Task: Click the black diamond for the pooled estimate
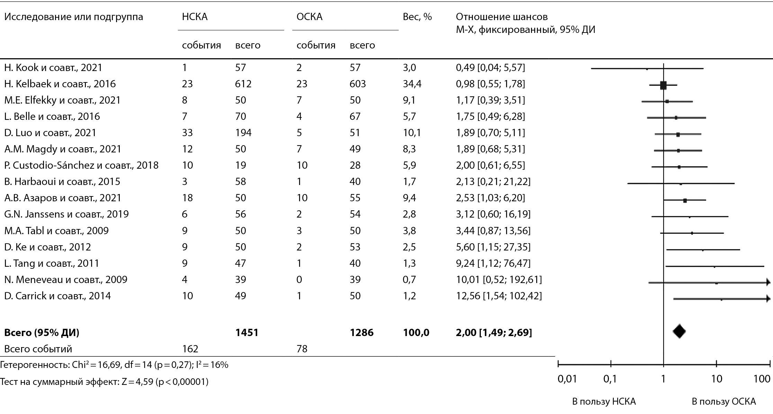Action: click(x=679, y=332)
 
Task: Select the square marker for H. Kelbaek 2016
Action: click(x=663, y=85)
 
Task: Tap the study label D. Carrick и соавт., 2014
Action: click(x=57, y=296)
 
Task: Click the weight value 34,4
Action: click(x=412, y=84)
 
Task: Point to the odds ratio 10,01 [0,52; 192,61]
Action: click(x=499, y=280)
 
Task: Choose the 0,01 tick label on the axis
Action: click(x=567, y=379)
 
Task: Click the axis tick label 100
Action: click(x=762, y=379)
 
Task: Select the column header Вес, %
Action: click(x=417, y=17)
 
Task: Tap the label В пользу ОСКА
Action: click(x=723, y=402)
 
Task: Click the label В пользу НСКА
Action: click(x=604, y=402)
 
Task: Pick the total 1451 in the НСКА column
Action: click(x=247, y=333)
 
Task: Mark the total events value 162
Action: click(x=190, y=349)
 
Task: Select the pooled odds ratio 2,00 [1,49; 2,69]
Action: click(x=494, y=333)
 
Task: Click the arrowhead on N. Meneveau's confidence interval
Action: click(x=768, y=283)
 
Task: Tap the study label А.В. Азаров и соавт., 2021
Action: click(x=63, y=198)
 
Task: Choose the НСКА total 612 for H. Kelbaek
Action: click(x=243, y=84)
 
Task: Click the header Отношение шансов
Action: click(x=502, y=17)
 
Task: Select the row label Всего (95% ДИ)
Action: click(x=42, y=333)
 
